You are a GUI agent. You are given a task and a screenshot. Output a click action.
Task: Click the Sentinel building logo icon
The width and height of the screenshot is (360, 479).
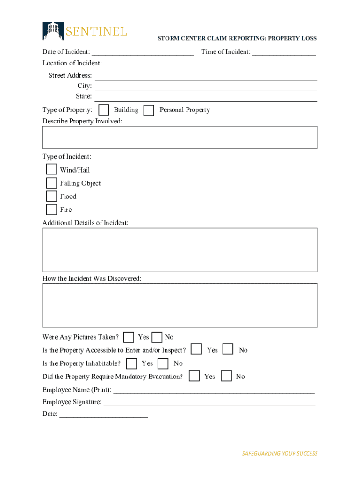pos(52,31)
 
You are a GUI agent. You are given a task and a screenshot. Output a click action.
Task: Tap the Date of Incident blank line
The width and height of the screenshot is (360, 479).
pos(143,52)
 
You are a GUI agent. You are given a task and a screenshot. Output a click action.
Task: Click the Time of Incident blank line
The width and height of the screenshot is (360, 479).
pos(284,52)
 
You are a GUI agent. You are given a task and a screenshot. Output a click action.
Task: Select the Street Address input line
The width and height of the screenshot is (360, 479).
pos(206,76)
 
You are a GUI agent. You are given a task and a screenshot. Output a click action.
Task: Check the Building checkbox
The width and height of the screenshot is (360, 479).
pos(104,110)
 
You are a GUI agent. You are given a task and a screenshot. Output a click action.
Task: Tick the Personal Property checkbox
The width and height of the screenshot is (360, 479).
pos(149,110)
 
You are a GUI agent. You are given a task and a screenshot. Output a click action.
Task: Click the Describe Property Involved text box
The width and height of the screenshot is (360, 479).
pos(180,137)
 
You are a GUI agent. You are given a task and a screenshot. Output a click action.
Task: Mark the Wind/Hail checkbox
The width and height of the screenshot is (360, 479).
pos(51,170)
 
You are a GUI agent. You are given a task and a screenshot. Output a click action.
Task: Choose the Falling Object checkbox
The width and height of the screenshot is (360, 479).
pos(51,183)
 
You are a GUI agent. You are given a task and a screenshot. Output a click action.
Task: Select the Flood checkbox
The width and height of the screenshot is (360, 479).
pos(51,196)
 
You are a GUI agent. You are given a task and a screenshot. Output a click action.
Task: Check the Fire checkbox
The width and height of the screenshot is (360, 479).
pos(51,209)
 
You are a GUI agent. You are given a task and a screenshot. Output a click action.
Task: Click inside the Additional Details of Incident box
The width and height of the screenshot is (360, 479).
pos(180,250)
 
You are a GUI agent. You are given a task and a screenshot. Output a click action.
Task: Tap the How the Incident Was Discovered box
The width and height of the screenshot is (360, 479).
pos(180,305)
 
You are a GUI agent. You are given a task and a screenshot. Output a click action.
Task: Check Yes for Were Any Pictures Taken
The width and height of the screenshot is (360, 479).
pos(129,337)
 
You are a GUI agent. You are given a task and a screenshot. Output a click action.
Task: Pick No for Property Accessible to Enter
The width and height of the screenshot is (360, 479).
pos(228,349)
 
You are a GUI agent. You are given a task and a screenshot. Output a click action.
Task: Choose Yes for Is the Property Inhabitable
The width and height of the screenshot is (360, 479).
pos(132,363)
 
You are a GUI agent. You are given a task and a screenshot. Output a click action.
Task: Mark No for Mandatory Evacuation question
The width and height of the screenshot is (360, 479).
pos(226,376)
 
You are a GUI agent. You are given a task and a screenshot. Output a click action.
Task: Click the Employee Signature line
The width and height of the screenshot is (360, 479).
pos(209,403)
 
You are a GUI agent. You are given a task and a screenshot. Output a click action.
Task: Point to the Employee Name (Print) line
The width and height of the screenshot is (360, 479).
pos(214,391)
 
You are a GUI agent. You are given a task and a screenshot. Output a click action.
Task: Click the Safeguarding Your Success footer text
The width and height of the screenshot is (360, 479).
pos(279,453)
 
